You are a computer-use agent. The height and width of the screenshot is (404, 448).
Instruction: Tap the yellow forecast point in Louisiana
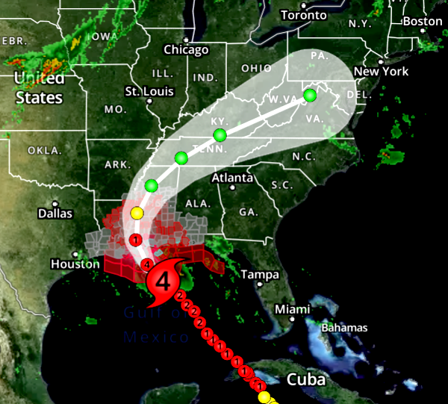point(137,214)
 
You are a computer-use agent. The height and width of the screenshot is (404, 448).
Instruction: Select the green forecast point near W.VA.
point(310,95)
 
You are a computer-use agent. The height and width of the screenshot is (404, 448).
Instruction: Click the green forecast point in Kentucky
point(220,135)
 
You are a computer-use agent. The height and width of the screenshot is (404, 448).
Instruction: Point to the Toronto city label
point(304,15)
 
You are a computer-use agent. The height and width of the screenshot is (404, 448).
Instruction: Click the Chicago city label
point(186,50)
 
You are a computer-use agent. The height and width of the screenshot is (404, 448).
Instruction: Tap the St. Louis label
point(149,91)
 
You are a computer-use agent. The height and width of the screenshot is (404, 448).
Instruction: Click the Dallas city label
point(55,214)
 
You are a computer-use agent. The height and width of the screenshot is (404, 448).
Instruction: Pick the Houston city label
point(75,264)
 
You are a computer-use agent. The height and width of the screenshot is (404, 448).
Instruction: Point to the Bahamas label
point(344,328)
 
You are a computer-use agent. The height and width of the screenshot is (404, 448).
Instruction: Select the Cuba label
point(306,379)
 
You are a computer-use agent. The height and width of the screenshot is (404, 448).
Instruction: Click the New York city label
point(382,72)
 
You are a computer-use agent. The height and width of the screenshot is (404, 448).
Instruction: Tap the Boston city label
point(423,22)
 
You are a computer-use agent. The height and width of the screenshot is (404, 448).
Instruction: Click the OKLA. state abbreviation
point(45,150)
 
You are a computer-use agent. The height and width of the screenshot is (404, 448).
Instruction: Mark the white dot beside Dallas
point(55,203)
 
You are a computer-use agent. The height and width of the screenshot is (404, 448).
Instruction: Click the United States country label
point(38,87)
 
